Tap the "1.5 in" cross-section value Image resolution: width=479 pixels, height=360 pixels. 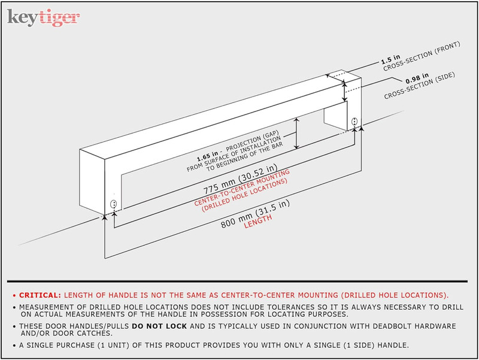390,59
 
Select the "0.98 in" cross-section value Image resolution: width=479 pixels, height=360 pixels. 417,78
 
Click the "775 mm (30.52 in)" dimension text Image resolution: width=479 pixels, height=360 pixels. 240,179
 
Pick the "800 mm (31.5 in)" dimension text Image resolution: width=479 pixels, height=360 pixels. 255,214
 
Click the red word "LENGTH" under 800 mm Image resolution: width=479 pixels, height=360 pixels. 258,221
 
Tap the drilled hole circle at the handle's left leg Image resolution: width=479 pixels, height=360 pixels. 113,204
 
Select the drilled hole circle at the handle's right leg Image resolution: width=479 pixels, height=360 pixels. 354,121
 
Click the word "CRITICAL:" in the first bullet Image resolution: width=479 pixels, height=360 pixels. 40,295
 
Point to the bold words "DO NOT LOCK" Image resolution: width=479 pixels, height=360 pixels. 159,326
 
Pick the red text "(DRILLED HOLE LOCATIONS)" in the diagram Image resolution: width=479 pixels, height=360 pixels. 244,195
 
